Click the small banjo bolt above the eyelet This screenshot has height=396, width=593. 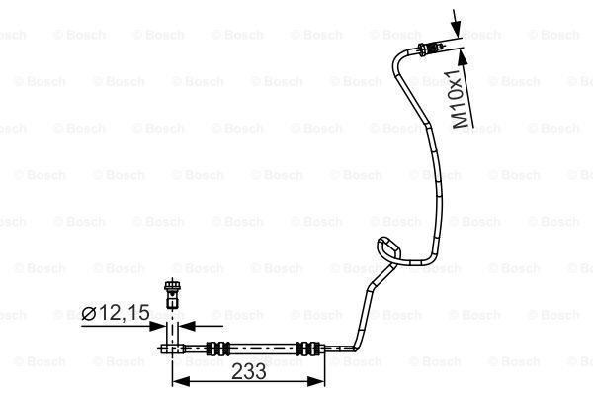tap(176, 292)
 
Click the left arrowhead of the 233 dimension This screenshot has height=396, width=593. tap(179, 382)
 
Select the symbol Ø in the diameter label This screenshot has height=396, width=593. tap(89, 314)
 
